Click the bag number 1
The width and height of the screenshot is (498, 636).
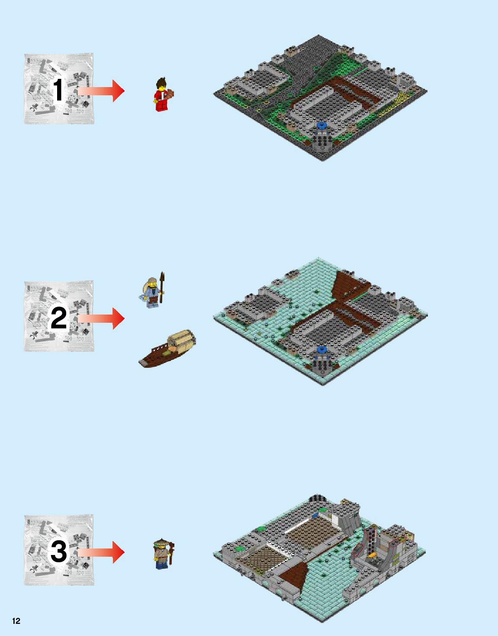[58, 90]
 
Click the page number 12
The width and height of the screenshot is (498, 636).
[16, 621]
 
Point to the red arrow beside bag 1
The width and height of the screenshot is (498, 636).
[102, 91]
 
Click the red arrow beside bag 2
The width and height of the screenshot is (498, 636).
[102, 318]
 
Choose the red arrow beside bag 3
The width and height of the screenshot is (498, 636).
[102, 552]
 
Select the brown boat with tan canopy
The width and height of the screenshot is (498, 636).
[167, 349]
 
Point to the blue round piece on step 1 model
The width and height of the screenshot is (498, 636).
[321, 126]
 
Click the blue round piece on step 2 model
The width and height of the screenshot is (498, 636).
[321, 349]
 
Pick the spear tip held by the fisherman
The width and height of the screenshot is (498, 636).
[162, 277]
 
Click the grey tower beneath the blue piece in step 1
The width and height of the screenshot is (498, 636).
[322, 140]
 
